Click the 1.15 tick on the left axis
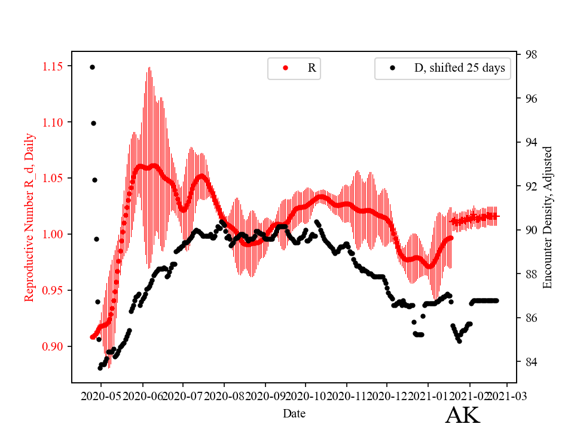(53, 66)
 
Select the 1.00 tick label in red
(53, 234)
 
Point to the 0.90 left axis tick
(53, 346)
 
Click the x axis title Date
(295, 413)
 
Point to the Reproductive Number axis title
(29, 217)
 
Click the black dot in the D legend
(392, 68)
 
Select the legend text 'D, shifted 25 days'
(460, 68)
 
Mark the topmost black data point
(92, 67)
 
